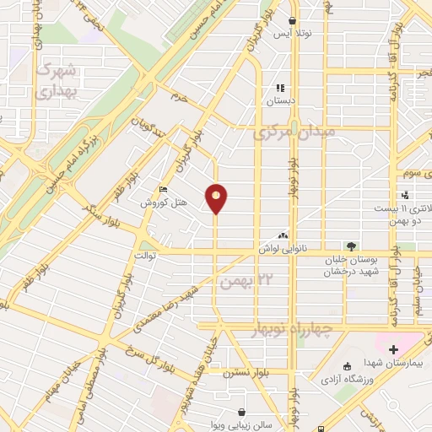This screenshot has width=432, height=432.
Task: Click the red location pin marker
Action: coord(216,197)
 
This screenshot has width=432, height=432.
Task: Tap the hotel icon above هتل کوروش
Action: coord(164,191)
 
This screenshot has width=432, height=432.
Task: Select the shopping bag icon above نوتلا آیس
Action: coord(292,22)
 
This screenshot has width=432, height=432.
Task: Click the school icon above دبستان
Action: coord(280,87)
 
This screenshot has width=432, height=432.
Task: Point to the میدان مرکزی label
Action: coord(294,132)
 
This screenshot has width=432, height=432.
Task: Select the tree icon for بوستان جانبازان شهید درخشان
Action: coord(351,246)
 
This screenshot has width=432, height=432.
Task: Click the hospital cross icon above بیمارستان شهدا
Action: coord(392,348)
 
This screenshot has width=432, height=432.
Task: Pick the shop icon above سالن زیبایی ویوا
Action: coord(243,413)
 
